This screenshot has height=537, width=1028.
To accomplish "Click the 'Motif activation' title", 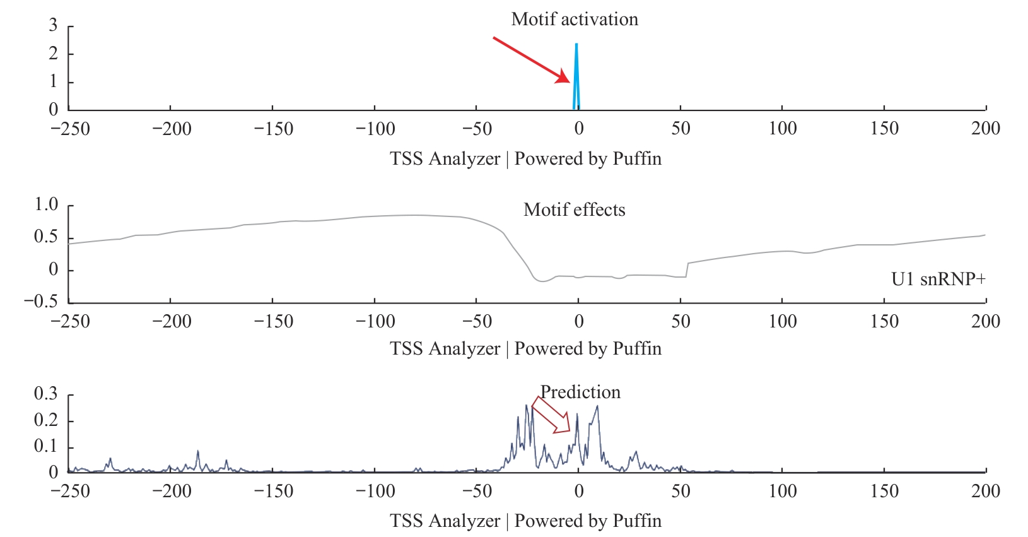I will (x=575, y=20).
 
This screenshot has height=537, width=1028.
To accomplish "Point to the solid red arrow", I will (x=531, y=60).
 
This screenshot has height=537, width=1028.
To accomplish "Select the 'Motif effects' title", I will (x=574, y=210).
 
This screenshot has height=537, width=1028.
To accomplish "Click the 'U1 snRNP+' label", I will (x=938, y=279).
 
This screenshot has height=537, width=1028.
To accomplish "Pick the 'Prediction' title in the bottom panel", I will (x=580, y=392).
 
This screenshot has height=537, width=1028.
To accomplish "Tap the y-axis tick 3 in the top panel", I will (x=54, y=26).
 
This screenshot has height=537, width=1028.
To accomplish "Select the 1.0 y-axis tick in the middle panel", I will (x=46, y=204).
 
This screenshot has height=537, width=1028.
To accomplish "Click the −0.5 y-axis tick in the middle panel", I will (x=41, y=301).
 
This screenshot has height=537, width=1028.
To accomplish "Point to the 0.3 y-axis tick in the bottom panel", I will (x=46, y=394).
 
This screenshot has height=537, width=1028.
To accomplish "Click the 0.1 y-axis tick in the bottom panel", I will (x=46, y=447).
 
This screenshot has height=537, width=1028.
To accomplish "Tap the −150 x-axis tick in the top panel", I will (x=273, y=129).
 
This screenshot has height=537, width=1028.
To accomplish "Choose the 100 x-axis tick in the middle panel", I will (x=782, y=322).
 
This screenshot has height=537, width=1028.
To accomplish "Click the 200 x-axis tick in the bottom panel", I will (x=985, y=492).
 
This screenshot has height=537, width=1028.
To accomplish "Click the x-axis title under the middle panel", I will (x=525, y=349).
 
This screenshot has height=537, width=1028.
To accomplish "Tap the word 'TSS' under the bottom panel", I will (x=406, y=521).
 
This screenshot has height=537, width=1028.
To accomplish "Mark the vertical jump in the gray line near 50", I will (x=687, y=270).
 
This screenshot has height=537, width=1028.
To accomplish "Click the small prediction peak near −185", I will (x=197, y=452).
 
